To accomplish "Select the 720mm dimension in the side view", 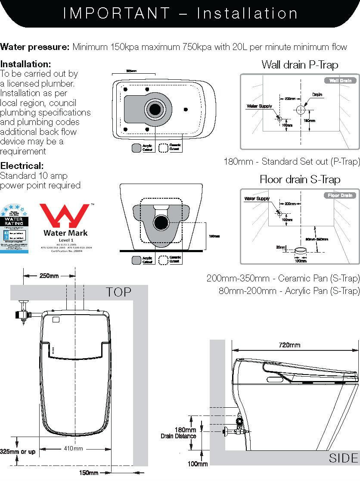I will (x=289, y=345).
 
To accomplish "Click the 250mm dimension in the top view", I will (x=49, y=276).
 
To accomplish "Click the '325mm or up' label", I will (x=18, y=451).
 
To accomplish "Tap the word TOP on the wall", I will (x=119, y=292).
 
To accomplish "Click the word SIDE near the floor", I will (x=343, y=458).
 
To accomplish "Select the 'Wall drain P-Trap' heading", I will (x=300, y=65).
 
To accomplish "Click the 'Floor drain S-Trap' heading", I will (x=300, y=179).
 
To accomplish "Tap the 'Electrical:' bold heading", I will (x=22, y=166).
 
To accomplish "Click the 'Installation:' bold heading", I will (x=26, y=64).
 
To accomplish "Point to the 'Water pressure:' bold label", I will (x=35, y=47).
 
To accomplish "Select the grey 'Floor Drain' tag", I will (x=340, y=195).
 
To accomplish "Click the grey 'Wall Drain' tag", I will (x=340, y=81).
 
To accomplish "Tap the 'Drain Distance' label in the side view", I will (x=178, y=436).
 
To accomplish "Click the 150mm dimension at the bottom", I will (x=89, y=473).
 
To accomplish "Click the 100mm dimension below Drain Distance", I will (x=198, y=464).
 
